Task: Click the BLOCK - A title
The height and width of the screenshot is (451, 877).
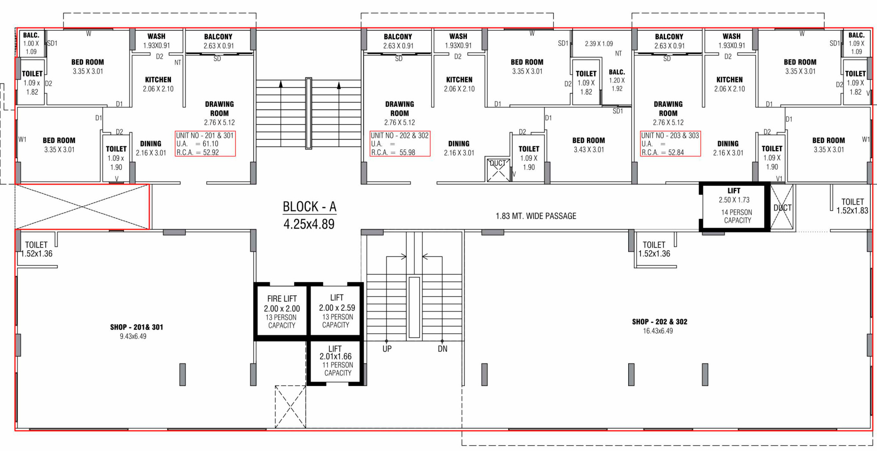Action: click(309, 207)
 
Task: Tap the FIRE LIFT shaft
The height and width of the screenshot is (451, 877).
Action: click(282, 312)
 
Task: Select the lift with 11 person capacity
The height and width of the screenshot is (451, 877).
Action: click(336, 361)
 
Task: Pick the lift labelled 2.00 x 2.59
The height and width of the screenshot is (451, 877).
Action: click(337, 311)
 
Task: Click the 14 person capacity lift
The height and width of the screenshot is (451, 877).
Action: click(734, 207)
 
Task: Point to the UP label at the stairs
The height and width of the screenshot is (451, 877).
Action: click(387, 349)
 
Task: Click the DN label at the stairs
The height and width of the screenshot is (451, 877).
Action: click(443, 349)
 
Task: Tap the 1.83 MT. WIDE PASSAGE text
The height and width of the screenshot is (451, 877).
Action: click(536, 216)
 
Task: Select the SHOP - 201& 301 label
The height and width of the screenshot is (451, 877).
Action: click(137, 327)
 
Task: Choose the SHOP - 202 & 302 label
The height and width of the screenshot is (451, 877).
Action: click(659, 322)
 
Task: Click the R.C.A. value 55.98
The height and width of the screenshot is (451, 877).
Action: click(408, 153)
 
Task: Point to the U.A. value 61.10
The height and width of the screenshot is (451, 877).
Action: click(211, 144)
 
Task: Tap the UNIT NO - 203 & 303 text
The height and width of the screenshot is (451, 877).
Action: click(670, 135)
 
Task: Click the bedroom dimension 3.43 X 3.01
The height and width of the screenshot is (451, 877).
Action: click(589, 149)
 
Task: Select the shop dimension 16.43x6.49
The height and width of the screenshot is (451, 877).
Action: click(658, 331)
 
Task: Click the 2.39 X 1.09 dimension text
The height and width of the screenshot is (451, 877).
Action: click(599, 44)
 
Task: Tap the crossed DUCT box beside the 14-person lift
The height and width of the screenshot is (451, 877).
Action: click(782, 207)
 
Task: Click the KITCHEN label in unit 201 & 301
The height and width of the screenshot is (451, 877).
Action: click(158, 80)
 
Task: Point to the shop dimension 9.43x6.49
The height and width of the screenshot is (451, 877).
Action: click(133, 336)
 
